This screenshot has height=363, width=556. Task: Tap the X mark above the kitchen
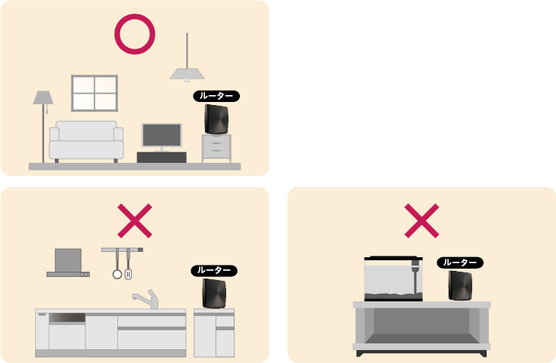(135, 221)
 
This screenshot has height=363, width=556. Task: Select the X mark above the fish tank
(422, 221)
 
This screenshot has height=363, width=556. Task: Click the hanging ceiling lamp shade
(187, 74)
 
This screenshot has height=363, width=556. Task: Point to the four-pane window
(94, 93)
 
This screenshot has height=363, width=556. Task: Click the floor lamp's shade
(43, 97)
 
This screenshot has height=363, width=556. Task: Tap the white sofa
(86, 141)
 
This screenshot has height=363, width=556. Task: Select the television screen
(161, 135)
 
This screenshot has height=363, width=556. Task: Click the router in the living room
(216, 119)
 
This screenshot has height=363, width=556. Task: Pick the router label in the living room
(216, 96)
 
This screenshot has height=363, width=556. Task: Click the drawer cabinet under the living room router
(216, 148)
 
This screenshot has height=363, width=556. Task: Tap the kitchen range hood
(68, 263)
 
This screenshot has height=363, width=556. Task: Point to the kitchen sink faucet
(146, 298)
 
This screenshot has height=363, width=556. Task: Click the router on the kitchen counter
(214, 293)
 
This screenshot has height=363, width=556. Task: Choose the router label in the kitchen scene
(214, 271)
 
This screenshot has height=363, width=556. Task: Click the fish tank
(394, 279)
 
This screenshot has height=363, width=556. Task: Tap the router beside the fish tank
(460, 285)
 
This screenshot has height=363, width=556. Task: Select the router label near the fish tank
(460, 263)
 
